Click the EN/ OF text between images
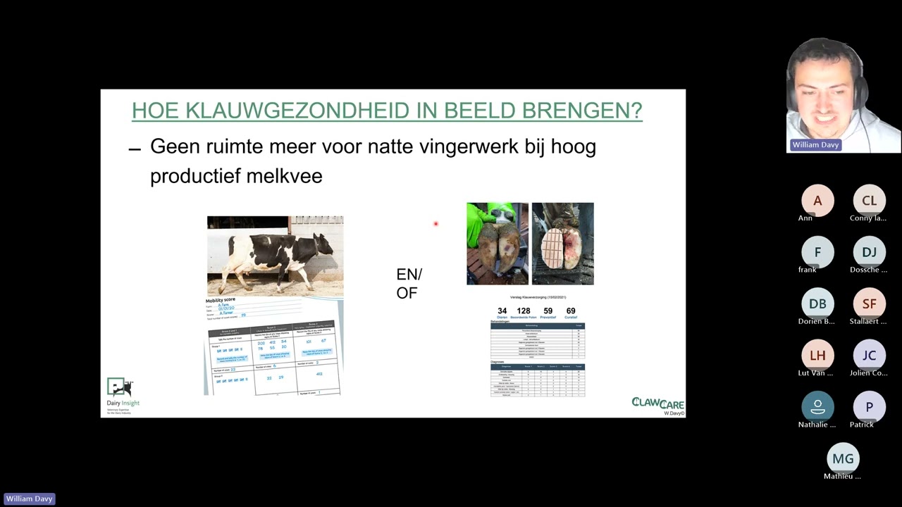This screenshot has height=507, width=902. click(409, 283)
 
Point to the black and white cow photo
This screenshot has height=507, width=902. click(275, 256)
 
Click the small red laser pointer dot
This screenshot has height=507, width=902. click(435, 224)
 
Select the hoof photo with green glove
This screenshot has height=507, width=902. click(497, 244)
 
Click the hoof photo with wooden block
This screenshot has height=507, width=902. click(562, 244)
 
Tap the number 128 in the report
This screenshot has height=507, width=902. click(523, 311)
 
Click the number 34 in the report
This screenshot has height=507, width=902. click(502, 311)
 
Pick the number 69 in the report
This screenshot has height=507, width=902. click(570, 311)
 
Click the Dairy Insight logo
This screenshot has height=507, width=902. click(122, 395)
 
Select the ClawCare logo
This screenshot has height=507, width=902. click(657, 403)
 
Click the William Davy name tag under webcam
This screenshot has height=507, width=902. click(815, 145)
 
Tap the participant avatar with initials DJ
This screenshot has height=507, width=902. click(869, 252)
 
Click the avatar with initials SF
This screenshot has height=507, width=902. click(869, 303)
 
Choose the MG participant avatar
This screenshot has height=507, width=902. click(843, 458)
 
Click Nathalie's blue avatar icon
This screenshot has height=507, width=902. click(817, 406)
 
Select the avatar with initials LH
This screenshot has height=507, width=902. click(817, 355)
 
